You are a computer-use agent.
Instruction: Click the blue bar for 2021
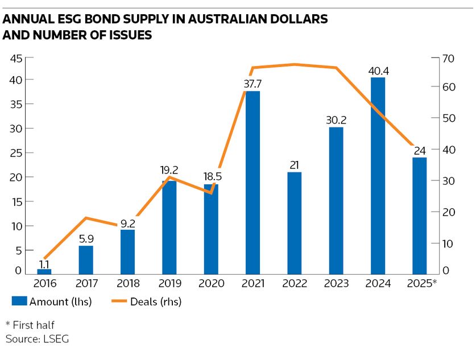coord(253,182)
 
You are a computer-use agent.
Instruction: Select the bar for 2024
coord(378,176)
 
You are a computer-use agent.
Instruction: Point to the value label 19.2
coord(169,169)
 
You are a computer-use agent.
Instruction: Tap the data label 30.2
coord(336,121)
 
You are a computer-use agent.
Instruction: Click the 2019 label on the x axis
coord(169,283)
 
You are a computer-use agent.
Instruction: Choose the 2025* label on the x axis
coord(421,283)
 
